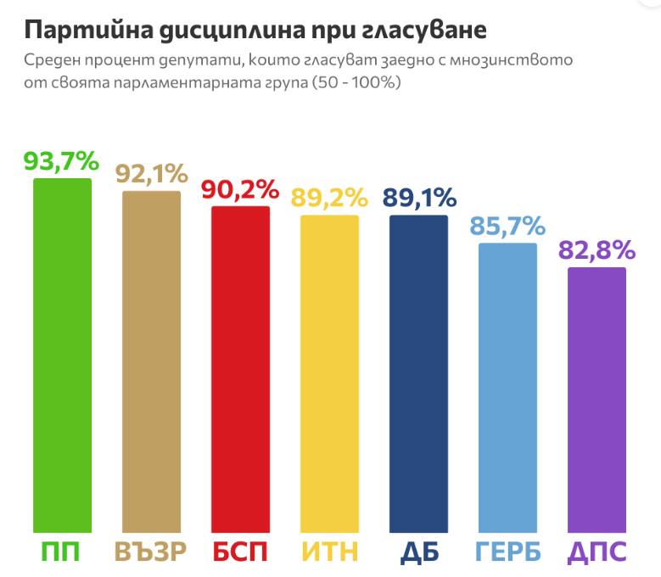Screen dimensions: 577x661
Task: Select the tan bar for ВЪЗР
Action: pos(151,361)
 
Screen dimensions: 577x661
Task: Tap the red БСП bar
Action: pos(240,368)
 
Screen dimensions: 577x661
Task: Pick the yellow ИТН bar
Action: pos(329,373)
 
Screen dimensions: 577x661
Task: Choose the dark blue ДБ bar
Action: pos(418,373)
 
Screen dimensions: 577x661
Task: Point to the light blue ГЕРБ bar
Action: pos(507,387)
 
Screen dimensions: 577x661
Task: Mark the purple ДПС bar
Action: pos(597,399)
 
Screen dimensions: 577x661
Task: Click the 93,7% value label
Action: pos(62,161)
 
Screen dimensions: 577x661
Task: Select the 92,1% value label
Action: pos(151,174)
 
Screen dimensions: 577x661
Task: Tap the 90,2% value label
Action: pos(240,190)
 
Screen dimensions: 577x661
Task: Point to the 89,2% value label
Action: pos(329,199)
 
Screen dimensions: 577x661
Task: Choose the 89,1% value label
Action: pos(418,198)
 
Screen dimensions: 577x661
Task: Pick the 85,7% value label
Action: pos(507,227)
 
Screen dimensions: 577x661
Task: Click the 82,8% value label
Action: pos(597,250)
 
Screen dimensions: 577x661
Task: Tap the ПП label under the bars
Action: pos(62,552)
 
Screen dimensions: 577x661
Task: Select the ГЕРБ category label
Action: pos(507,552)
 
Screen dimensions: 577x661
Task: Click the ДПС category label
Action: pos(597,552)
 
